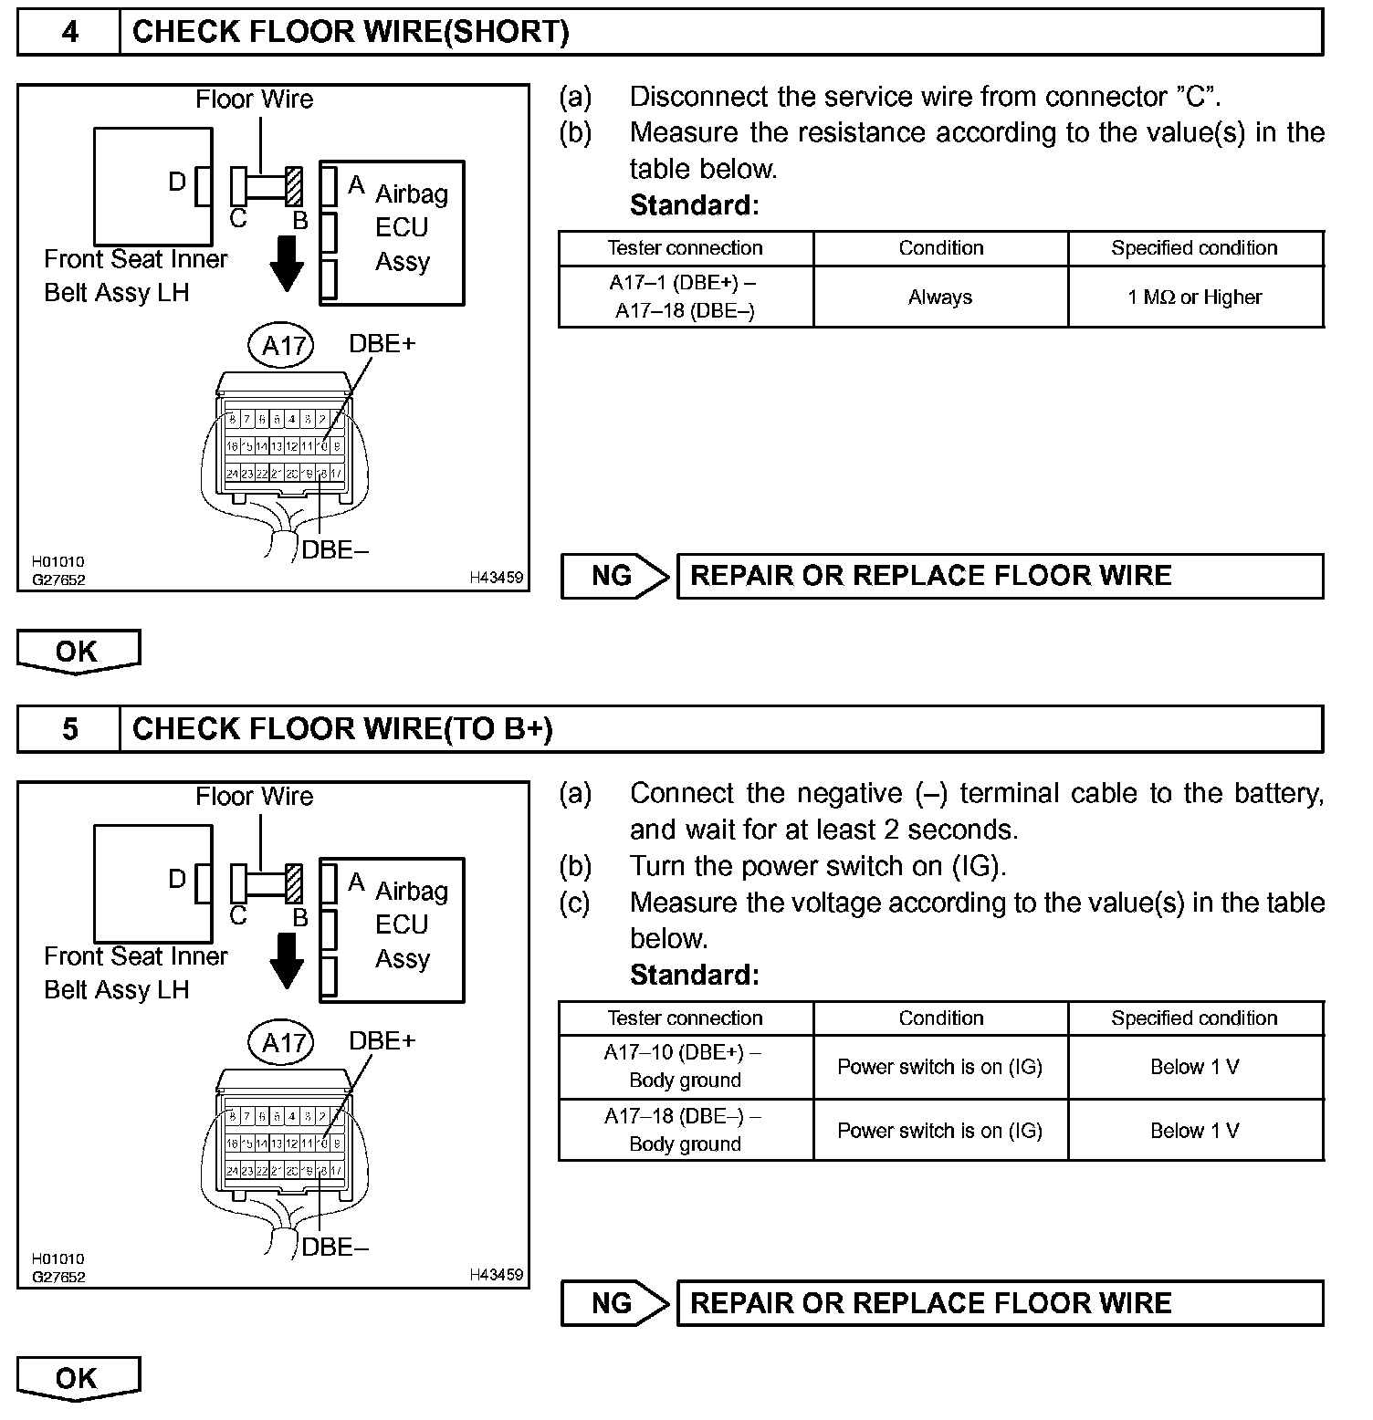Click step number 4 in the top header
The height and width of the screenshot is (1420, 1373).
coord(69,33)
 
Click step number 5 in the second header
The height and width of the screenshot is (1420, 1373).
coord(69,729)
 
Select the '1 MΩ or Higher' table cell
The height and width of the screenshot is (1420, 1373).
coord(1195,298)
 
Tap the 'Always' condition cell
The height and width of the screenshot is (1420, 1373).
coord(940,298)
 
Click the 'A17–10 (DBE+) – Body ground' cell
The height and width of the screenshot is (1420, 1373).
coord(685,1067)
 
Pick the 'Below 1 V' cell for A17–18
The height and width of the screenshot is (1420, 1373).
coord(1195,1131)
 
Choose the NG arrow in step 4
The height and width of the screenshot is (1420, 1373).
coord(614,576)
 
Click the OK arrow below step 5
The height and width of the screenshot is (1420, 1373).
coord(78,1379)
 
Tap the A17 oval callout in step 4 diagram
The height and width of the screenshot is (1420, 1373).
coord(282,346)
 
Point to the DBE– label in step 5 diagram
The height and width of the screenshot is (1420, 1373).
coord(335,1248)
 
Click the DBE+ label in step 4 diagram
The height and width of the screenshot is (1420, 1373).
coord(382,344)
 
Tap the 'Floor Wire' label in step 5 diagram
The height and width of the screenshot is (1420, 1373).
coord(254,797)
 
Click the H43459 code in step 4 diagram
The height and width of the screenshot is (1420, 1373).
coord(497,578)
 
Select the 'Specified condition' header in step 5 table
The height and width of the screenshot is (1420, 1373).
coord(1194,1018)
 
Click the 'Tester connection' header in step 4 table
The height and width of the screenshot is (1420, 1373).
coord(685,248)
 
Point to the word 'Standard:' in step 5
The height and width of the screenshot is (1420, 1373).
coord(694,975)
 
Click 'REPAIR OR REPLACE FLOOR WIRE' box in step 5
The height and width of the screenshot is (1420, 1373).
coord(999,1303)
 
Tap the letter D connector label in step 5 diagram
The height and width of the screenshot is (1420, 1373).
coord(177,879)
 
